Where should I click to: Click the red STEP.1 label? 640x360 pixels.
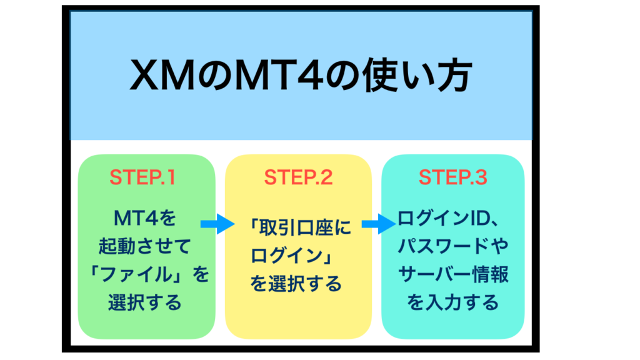coord(142,177)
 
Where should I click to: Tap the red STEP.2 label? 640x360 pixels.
coord(298,177)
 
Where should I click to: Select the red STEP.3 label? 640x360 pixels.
coord(452,177)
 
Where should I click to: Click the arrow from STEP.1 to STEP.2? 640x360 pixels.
coord(217,224)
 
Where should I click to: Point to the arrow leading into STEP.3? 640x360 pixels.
coord(379,224)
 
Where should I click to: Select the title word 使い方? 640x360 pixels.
coord(417,76)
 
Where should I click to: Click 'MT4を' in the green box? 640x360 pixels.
coord(145,218)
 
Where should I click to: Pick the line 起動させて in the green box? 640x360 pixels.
coord(145,246)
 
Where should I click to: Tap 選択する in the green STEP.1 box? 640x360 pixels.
coord(145,302)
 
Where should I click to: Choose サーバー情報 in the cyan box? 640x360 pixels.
coord(453,274)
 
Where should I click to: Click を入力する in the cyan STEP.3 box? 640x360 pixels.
coord(453,302)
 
